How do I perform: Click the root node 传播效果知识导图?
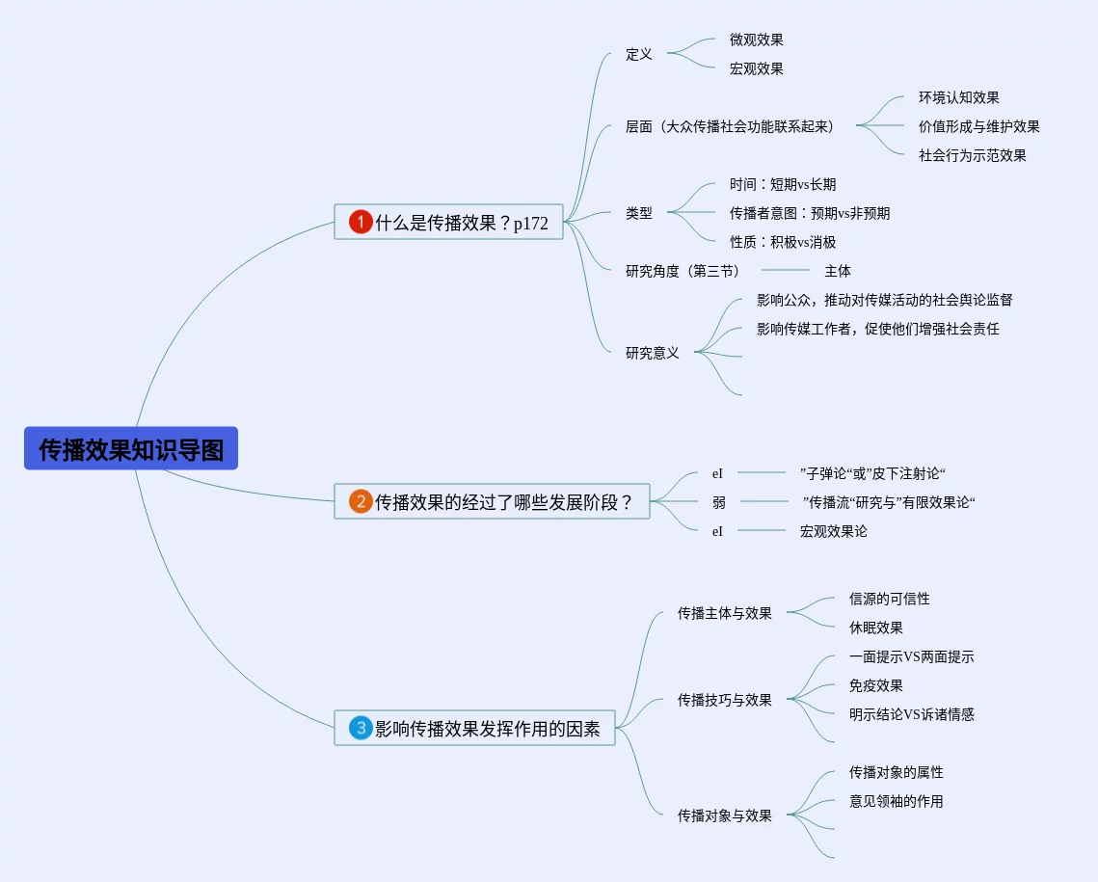click(x=131, y=449)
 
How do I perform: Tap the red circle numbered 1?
click(x=360, y=223)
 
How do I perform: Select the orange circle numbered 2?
click(x=360, y=501)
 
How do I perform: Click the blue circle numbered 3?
click(x=361, y=729)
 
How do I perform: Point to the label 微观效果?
click(x=756, y=40)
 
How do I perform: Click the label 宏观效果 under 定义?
click(x=756, y=68)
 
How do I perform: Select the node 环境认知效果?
click(x=958, y=97)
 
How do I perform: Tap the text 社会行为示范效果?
click(x=972, y=155)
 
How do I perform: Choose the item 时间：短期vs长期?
click(x=782, y=184)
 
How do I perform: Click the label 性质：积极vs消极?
click(x=782, y=242)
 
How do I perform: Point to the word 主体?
click(x=837, y=271)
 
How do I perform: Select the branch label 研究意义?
click(x=652, y=353)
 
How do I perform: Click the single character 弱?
click(x=719, y=502)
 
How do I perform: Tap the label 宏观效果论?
click(x=833, y=531)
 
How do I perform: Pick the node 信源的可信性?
click(x=889, y=599)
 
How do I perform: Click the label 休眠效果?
click(x=875, y=628)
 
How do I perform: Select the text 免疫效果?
click(x=875, y=685)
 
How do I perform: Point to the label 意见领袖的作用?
click(x=896, y=801)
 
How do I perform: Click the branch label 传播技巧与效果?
click(x=724, y=700)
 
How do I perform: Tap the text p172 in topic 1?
click(x=530, y=224)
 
